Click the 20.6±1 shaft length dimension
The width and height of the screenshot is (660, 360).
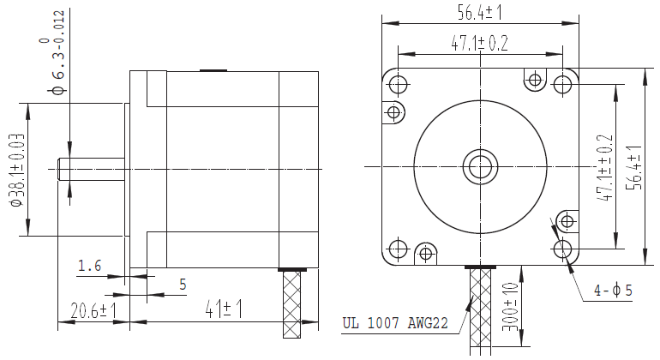(93, 311)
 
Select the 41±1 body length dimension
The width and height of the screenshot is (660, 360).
(224, 309)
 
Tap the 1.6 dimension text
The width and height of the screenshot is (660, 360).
(90, 266)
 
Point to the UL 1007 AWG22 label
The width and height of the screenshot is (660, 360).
(395, 323)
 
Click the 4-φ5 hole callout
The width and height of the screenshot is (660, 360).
(613, 290)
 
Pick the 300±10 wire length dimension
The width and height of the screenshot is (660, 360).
(510, 307)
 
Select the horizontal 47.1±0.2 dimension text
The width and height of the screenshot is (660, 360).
(479, 43)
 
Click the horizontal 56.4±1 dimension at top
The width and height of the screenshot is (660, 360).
(480, 13)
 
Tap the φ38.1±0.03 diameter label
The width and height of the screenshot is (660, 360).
(17, 170)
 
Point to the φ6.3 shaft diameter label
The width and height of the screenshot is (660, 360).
(57, 53)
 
